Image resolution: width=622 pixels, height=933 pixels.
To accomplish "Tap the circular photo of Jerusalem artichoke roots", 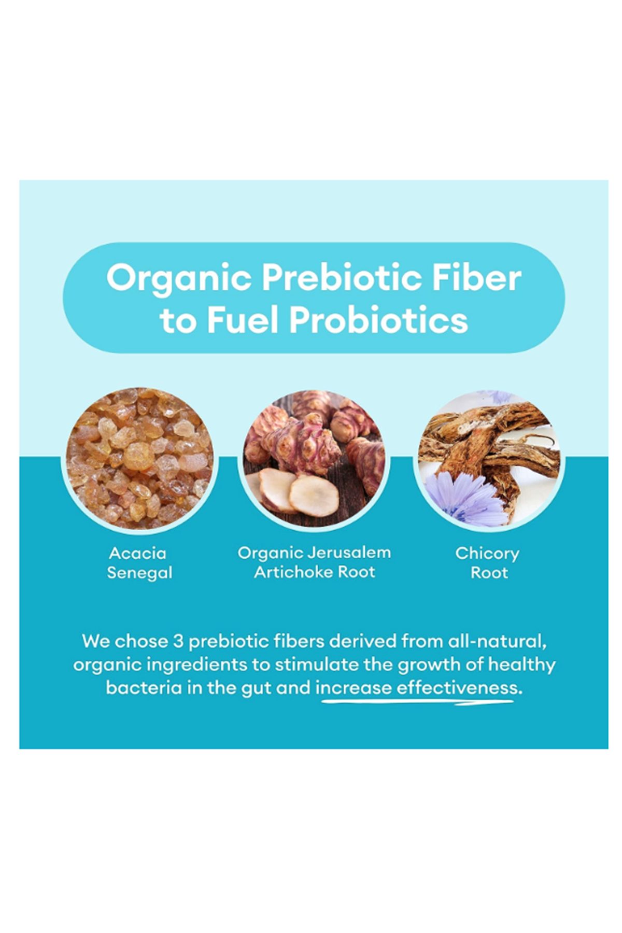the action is tap(314, 459).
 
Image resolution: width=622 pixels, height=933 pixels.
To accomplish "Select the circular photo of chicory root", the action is tap(488, 459).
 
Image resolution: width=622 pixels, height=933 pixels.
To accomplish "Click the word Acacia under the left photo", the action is tap(137, 553).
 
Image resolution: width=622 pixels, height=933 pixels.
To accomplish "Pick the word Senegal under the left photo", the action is tap(139, 573).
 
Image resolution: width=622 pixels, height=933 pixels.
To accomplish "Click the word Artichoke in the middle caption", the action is tap(293, 572).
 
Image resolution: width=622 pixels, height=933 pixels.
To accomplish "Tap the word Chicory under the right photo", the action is tap(487, 554).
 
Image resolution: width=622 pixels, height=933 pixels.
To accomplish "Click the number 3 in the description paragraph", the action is tap(178, 642).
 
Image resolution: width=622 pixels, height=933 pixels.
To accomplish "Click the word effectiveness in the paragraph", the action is tap(459, 688).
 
